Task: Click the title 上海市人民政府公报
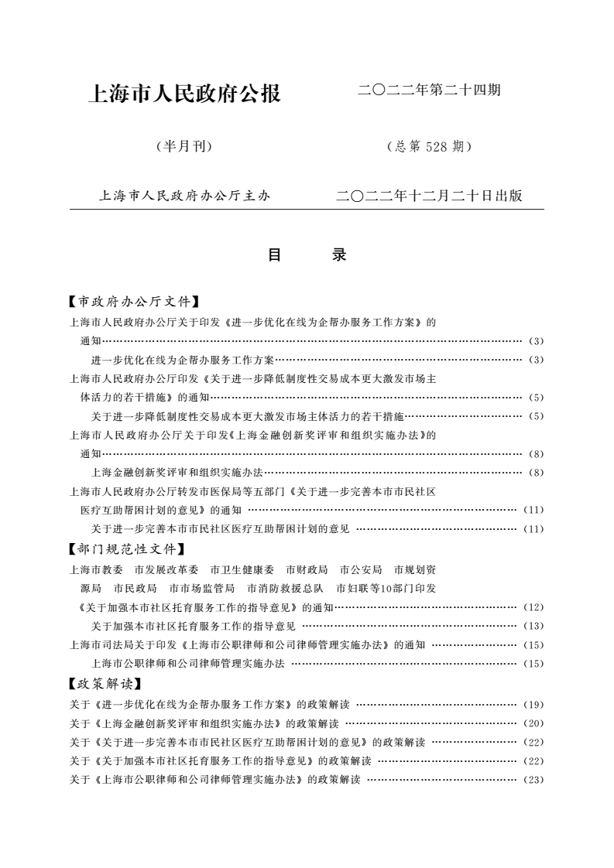coord(186,94)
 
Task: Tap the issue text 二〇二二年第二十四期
coord(429,91)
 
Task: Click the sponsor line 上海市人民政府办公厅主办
coord(184,196)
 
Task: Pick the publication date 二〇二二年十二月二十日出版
coord(429,196)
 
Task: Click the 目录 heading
coord(307,255)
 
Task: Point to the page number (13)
coord(534,626)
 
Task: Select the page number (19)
coord(534,705)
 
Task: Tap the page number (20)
coord(534,724)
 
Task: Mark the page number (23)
coord(534,780)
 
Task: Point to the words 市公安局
coord(361,569)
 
